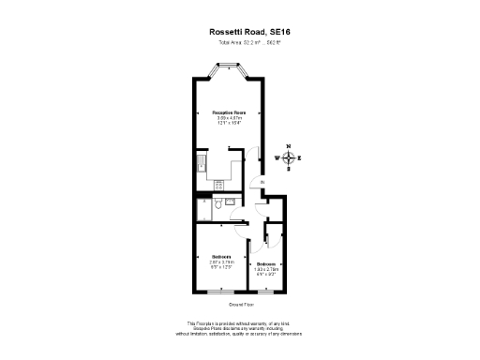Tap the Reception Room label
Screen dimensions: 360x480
pyautogui.click(x=228, y=112)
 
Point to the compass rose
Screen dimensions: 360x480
pyautogui.click(x=289, y=157)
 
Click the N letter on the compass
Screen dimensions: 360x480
pyautogui.click(x=289, y=147)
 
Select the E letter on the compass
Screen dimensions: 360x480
pyautogui.click(x=300, y=157)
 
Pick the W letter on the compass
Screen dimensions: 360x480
pyautogui.click(x=277, y=157)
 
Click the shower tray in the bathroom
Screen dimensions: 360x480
pyautogui.click(x=203, y=208)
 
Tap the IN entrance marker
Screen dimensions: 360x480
pyautogui.click(x=263, y=182)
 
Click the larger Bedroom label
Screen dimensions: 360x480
pyautogui.click(x=222, y=258)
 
